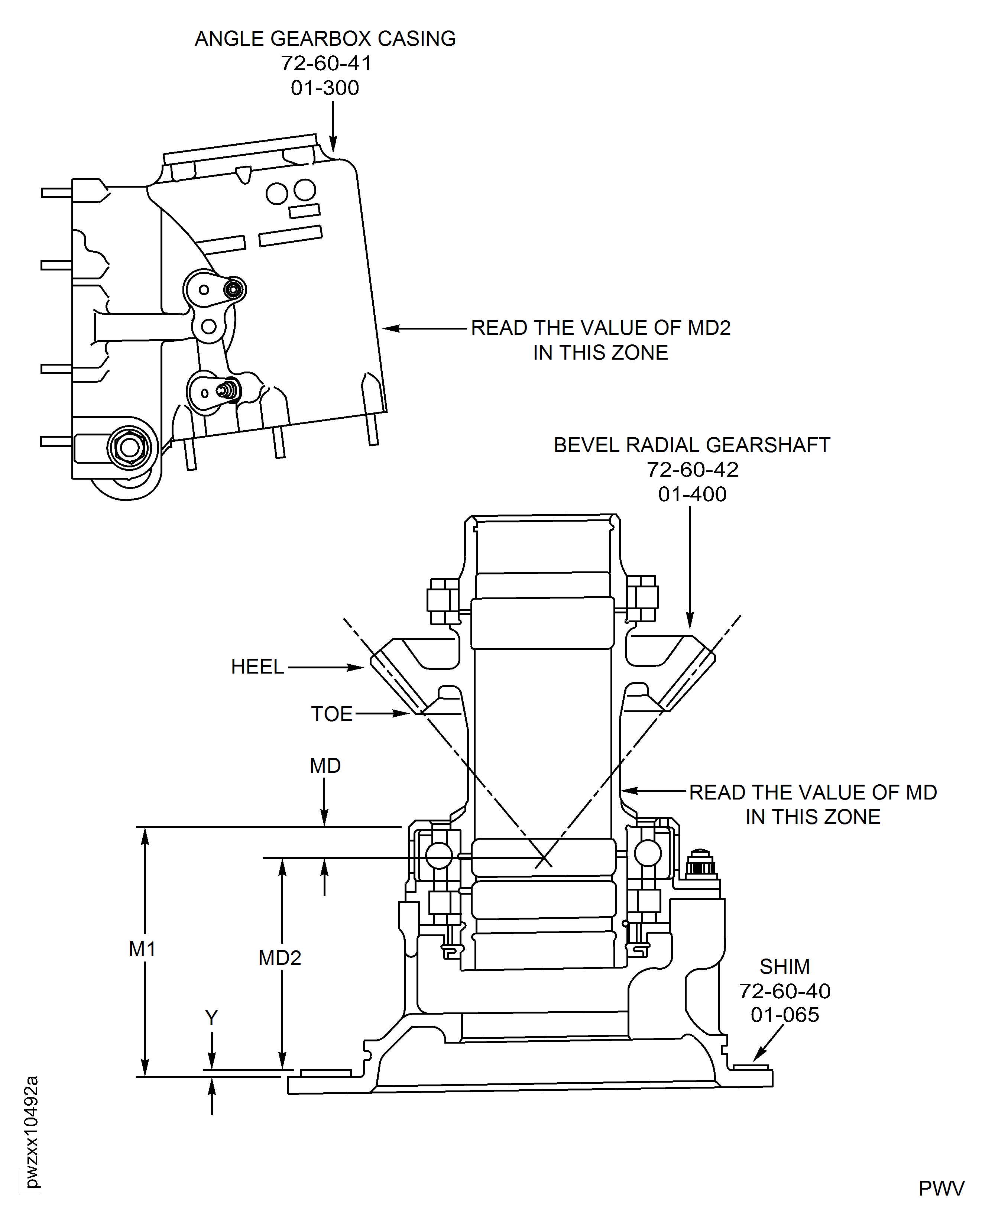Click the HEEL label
tap(257, 667)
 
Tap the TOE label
tap(331, 714)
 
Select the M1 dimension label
tap(142, 949)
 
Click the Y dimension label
tap(211, 1018)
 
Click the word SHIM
tap(785, 967)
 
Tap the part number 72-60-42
tap(692, 470)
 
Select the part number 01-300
tap(325, 88)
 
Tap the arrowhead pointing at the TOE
tap(403, 714)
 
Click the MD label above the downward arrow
tap(325, 766)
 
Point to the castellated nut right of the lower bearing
tap(700, 864)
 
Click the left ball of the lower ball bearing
tap(438, 855)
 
